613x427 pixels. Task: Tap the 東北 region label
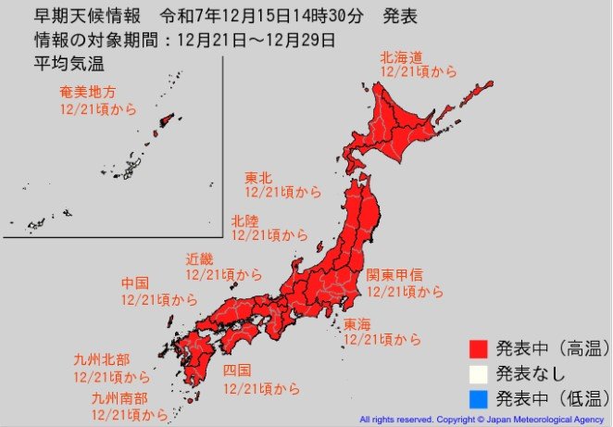tap(257, 177)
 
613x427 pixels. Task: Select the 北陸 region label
tap(244, 220)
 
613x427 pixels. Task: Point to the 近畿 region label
tap(199, 258)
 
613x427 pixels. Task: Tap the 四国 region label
tap(237, 370)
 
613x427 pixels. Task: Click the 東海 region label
tap(357, 324)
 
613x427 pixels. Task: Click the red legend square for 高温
tap(478, 349)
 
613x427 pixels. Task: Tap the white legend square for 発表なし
tap(478, 374)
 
